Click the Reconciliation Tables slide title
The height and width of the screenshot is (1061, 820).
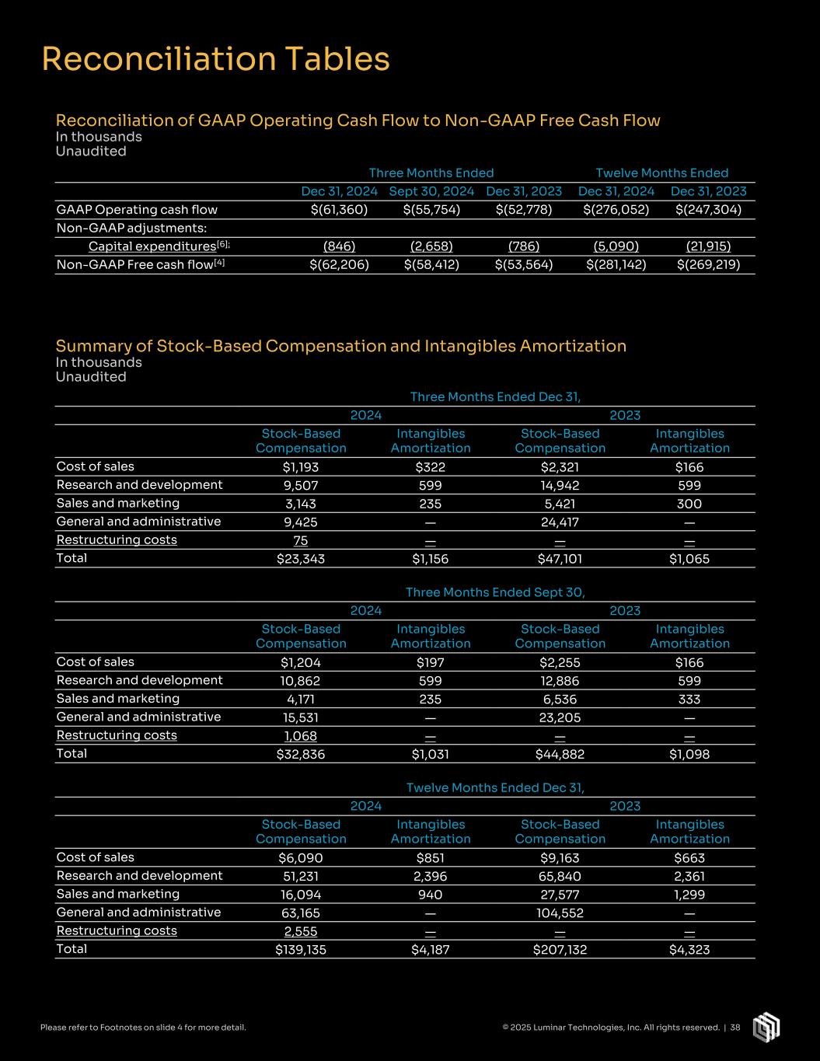[215, 60]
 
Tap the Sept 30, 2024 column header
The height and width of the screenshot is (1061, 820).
[431, 191]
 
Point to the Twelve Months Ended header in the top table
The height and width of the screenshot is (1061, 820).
[661, 173]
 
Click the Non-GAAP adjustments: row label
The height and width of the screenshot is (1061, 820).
[131, 228]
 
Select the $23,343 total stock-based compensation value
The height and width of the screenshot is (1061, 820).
[301, 559]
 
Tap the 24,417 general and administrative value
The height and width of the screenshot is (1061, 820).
[560, 522]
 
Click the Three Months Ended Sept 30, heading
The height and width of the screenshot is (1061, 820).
[495, 592]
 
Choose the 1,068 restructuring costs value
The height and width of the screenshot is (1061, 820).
[301, 736]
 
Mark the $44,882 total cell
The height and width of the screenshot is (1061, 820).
[560, 754]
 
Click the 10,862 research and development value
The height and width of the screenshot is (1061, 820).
[301, 681]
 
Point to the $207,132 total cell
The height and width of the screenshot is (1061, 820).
[560, 949]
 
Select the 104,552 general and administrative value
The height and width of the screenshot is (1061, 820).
[560, 913]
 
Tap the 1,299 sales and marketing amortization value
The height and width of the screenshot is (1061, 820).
[689, 895]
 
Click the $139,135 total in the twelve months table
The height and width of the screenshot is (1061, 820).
[301, 949]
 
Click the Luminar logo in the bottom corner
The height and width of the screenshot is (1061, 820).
[766, 1026]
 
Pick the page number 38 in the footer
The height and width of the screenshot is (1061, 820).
[735, 1028]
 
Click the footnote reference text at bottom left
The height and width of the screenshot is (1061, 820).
[143, 1028]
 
